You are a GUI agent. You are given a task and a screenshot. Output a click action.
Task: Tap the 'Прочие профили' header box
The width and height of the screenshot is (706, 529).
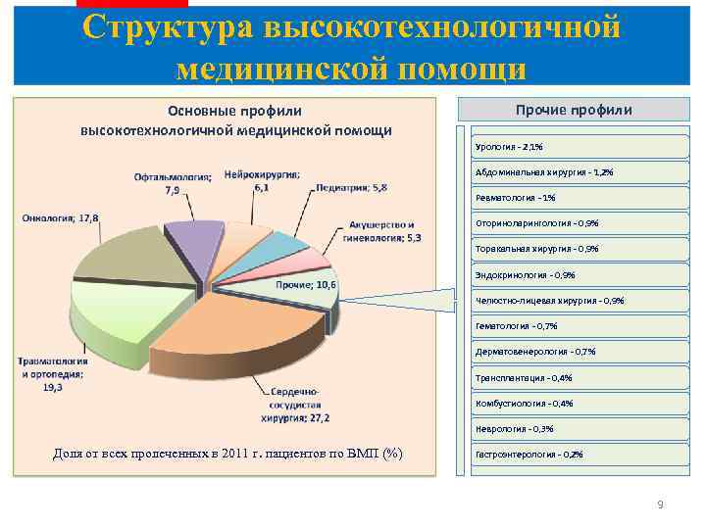pyautogui.click(x=574, y=110)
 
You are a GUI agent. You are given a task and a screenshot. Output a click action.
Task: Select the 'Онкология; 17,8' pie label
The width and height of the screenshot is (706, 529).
pyautogui.click(x=60, y=216)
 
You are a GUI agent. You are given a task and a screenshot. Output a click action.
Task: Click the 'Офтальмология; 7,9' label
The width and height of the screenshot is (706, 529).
pyautogui.click(x=173, y=183)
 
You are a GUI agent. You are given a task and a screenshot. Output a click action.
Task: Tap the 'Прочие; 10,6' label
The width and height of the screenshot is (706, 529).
pyautogui.click(x=306, y=285)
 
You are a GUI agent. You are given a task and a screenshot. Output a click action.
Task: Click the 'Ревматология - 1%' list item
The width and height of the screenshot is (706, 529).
pyautogui.click(x=515, y=198)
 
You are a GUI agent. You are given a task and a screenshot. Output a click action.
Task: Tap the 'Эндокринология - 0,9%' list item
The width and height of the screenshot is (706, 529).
pyautogui.click(x=525, y=274)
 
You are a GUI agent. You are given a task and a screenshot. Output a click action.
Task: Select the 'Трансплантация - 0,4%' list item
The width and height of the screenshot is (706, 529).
pyautogui.click(x=524, y=377)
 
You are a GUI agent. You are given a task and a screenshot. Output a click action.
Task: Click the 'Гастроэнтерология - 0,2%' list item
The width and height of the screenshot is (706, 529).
pyautogui.click(x=529, y=455)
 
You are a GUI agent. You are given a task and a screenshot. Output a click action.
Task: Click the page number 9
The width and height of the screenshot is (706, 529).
pyautogui.click(x=660, y=505)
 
